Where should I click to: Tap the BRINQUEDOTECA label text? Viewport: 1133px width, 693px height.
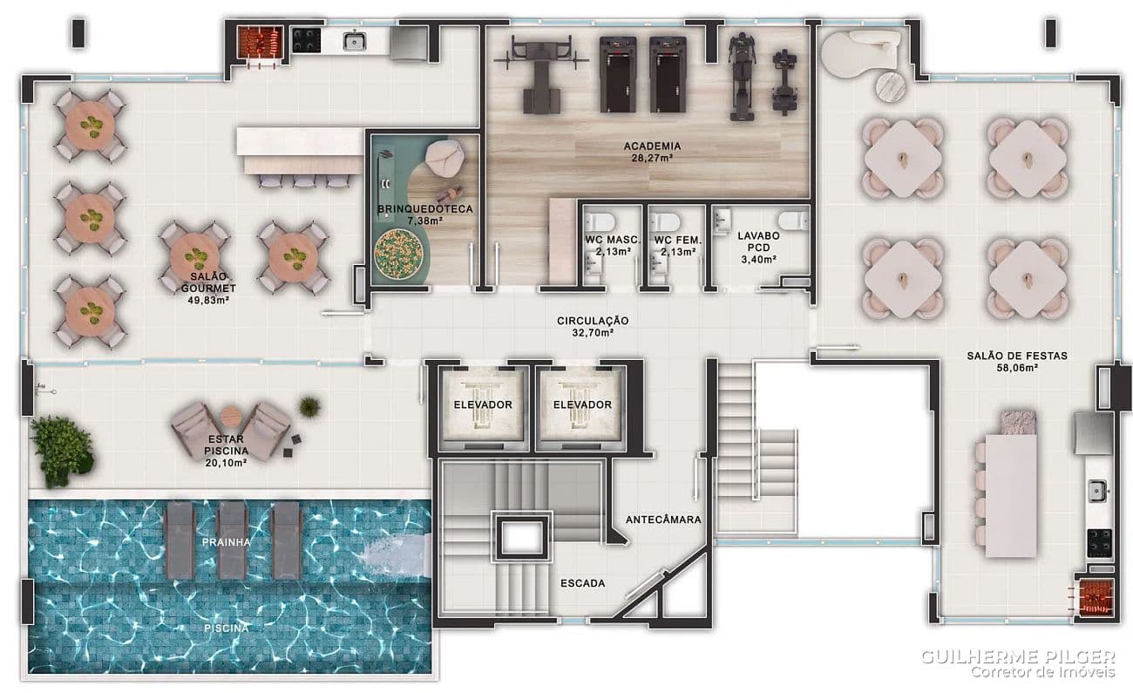point(425,209)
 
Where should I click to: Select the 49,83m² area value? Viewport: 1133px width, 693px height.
point(208,300)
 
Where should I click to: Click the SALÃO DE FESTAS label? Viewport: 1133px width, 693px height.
point(1017,356)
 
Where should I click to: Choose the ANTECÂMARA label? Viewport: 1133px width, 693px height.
point(663,520)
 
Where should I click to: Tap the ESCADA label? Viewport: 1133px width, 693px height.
point(583,583)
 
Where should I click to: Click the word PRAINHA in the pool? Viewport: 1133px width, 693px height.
point(226,542)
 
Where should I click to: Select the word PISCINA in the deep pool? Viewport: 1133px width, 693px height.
point(226,628)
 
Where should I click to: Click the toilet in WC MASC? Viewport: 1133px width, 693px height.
point(600,221)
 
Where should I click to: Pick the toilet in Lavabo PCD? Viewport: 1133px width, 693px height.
point(793,220)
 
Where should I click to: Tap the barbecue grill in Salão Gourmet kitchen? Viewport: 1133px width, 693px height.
point(260,42)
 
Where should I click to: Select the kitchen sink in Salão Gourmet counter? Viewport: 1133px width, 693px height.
point(355,40)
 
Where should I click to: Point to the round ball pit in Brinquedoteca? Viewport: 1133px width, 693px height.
point(398,254)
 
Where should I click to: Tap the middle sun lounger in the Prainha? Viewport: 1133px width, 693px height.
point(232,540)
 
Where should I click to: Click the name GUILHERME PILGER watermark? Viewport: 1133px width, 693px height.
point(1018,656)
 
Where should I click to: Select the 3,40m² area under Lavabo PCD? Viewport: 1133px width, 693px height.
point(759,260)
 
